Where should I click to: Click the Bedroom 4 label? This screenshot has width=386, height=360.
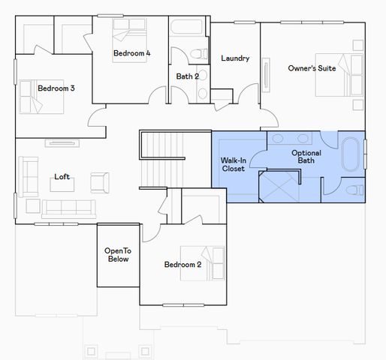coord(132,53)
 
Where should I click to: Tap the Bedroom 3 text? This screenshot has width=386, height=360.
coord(56,88)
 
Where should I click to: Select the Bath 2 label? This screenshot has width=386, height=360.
coord(188,76)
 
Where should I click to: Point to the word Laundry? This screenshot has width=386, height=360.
coord(235,58)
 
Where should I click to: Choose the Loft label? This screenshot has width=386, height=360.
coord(62,177)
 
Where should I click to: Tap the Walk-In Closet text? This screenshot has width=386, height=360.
coord(233,164)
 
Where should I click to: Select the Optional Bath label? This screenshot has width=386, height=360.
coord(306,157)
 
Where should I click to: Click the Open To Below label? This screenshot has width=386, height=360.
coord(117,255)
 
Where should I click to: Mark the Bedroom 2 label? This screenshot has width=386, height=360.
coord(182,264)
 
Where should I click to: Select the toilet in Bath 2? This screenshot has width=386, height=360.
coord(198,54)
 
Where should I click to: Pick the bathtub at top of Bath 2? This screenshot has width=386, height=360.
coord(188,28)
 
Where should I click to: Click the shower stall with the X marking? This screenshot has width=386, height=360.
coord(279,187)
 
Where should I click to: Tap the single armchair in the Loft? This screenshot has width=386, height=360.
coord(98,181)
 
